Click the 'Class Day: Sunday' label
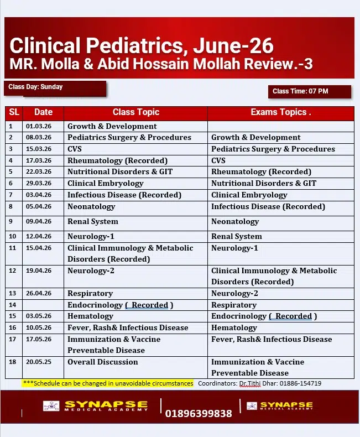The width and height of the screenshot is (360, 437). pyautogui.click(x=35, y=87)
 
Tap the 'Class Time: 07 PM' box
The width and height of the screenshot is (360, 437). pyautogui.click(x=300, y=91)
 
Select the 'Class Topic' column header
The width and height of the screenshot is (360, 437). pyautogui.click(x=135, y=112)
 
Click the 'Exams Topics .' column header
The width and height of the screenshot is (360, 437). pyautogui.click(x=280, y=112)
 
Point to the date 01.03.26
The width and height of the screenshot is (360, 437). pyautogui.click(x=39, y=126)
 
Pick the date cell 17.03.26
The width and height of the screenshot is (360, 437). pyautogui.click(x=39, y=160)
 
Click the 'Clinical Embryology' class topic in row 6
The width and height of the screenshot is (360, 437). pyautogui.click(x=105, y=183)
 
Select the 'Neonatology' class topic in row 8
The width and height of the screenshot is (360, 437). pyautogui.click(x=91, y=206)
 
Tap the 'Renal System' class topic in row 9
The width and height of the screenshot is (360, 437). pyautogui.click(x=92, y=221)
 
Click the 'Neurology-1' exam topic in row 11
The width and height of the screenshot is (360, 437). pyautogui.click(x=234, y=248)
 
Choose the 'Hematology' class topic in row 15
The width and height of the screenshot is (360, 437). pyautogui.click(x=90, y=316)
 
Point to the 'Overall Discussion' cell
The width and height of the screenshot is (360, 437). pyautogui.click(x=102, y=362)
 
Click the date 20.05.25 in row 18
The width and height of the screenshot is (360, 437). pyautogui.click(x=39, y=362)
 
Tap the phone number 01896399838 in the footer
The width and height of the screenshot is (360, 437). pyautogui.click(x=199, y=413)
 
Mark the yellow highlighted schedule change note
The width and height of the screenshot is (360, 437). pyautogui.click(x=108, y=383)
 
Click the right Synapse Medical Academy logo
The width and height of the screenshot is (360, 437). pyautogui.click(x=279, y=406)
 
